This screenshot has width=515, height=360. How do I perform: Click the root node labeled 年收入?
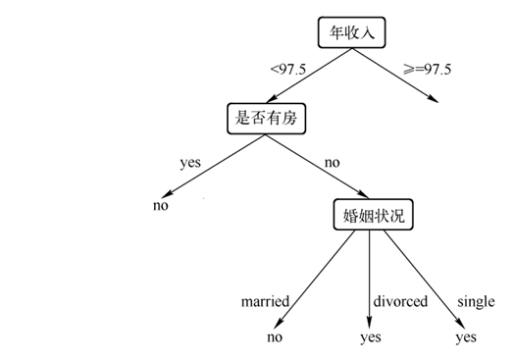[353, 32]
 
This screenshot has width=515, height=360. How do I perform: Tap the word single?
[475, 301]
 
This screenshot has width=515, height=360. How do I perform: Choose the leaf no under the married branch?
[275, 337]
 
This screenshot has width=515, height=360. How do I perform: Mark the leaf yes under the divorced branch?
[370, 337]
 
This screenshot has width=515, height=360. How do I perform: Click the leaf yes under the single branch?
[465, 337]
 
